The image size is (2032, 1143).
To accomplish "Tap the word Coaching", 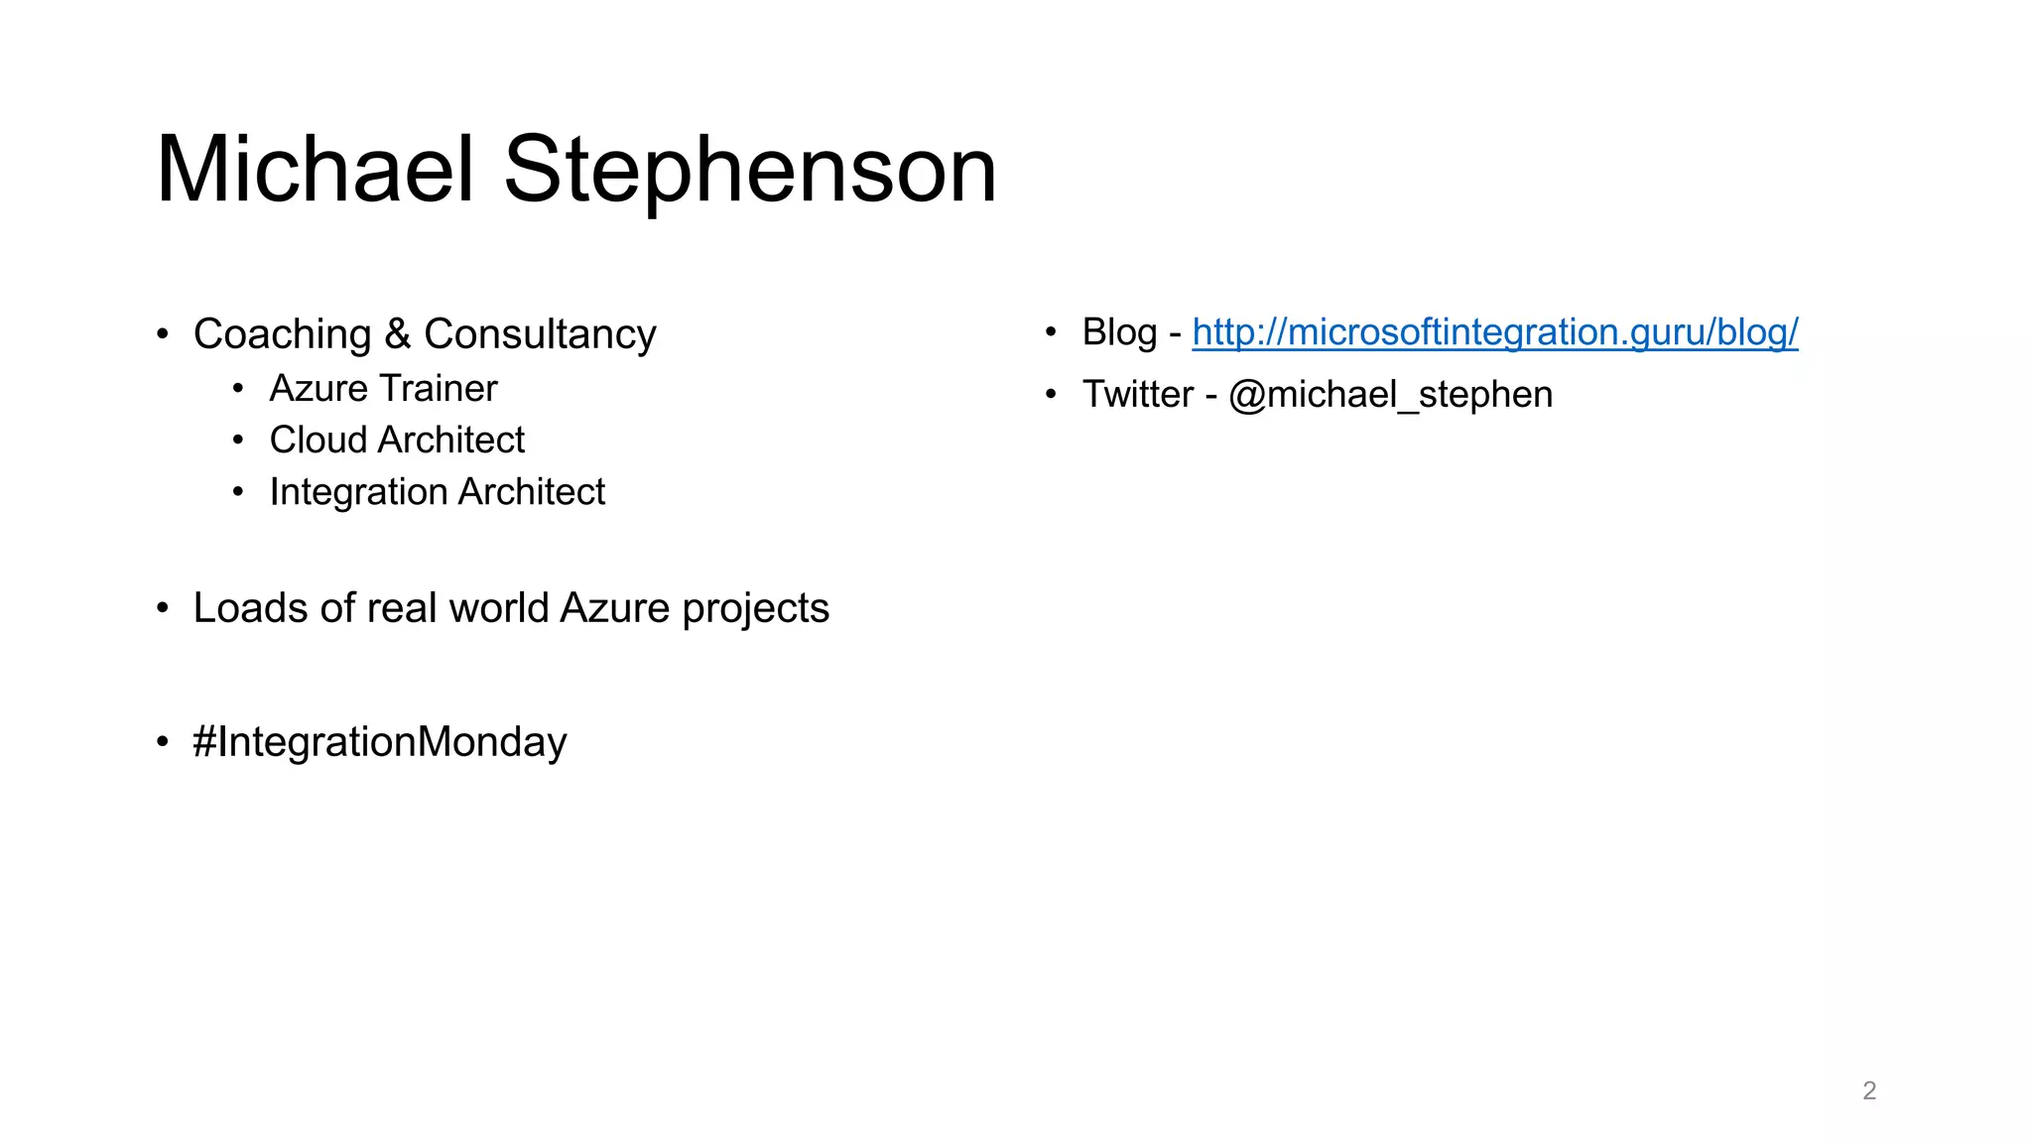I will coord(282,334).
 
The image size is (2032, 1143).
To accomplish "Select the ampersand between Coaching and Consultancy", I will coord(397,334).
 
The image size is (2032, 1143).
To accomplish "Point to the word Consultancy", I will coord(540,334).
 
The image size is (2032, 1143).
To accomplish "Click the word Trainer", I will coord(438,389).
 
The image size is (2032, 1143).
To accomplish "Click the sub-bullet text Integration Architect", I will coord(437,492).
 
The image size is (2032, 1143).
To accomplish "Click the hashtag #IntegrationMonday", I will coord(380,742).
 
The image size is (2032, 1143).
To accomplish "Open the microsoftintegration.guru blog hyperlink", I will coord(1494,332).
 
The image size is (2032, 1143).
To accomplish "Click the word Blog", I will coord(1119,332).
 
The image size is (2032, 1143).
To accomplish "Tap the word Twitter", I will coord(1137,395).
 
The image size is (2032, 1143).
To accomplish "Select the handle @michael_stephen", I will coord(1390,395).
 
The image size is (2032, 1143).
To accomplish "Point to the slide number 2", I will coord(1869,1090).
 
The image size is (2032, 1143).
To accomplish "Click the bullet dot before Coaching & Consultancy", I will coord(163,334).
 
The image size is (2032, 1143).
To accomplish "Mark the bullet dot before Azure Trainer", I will coord(238,389).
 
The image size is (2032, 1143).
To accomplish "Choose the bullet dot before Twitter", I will coord(1051,395).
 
